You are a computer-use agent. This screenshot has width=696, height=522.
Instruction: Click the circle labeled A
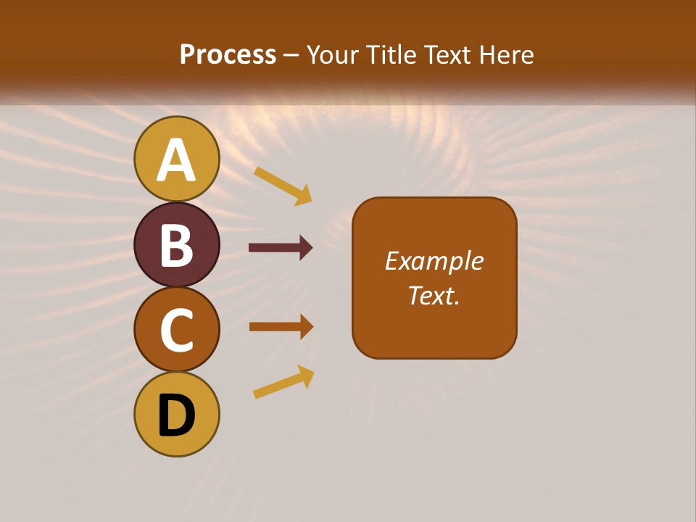point(176,159)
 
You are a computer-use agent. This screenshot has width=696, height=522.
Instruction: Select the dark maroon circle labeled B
point(176,244)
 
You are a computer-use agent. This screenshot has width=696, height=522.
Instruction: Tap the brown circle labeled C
point(176,329)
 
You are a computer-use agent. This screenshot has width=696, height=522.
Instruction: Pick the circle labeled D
point(176,414)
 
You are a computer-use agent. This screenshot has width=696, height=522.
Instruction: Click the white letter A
point(176,161)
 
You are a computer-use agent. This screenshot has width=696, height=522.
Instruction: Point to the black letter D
point(176,415)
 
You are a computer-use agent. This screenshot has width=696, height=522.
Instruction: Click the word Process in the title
point(228,54)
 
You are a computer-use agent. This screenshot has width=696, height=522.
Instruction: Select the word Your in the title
point(331,54)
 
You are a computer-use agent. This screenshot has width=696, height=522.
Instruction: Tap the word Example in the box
point(434,261)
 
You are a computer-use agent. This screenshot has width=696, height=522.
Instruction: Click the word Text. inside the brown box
point(434,295)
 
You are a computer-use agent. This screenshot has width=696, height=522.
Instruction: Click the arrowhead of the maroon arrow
point(306,248)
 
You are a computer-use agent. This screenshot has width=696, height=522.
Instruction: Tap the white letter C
point(176,331)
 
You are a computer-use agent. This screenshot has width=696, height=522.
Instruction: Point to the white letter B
point(176,246)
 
